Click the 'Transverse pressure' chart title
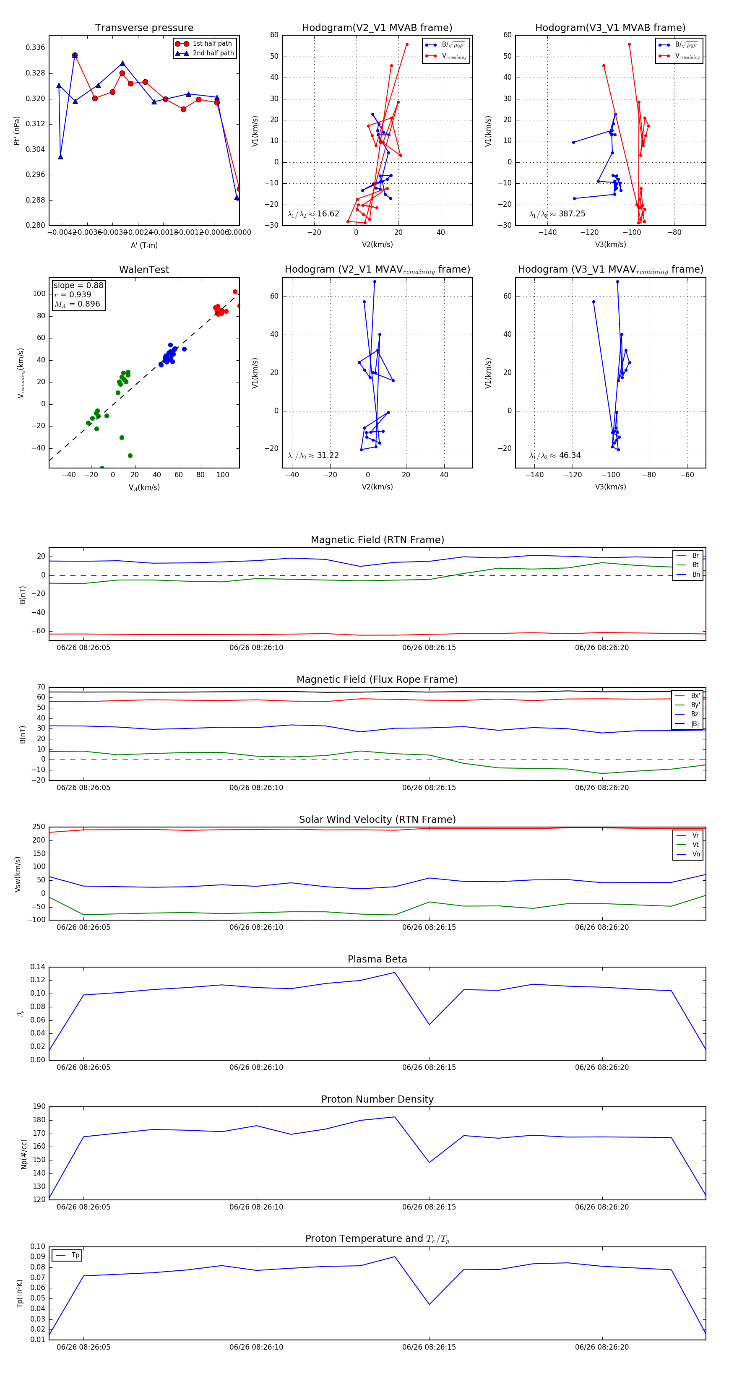[144, 28]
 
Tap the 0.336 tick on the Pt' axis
[36, 48]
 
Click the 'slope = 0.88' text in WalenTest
[78, 285]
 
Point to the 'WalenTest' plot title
[144, 270]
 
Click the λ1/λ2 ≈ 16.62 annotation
[313, 214]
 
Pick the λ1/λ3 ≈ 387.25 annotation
[557, 214]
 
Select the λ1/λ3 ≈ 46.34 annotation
[555, 455]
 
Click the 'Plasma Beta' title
[377, 959]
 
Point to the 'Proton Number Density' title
[377, 1099]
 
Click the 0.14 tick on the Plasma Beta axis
[38, 967]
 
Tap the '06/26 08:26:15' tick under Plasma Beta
[429, 1067]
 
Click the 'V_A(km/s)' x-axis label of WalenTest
[144, 487]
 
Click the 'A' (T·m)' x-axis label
[144, 245]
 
